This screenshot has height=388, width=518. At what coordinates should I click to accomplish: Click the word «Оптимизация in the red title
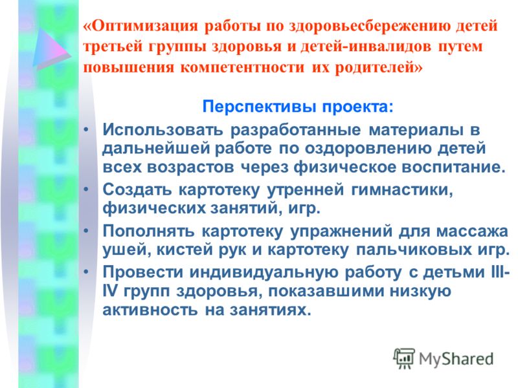[141, 25]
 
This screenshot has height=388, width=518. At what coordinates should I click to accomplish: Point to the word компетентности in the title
[242, 67]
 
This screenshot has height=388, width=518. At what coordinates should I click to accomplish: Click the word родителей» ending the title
[379, 67]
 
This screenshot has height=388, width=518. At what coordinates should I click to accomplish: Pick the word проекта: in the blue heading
[358, 107]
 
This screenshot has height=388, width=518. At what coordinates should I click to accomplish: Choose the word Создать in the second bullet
[137, 189]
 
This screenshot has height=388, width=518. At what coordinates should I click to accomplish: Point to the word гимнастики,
[401, 190]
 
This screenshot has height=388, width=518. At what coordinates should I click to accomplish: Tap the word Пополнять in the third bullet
[148, 231]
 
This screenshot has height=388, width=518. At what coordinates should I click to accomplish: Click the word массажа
[472, 232]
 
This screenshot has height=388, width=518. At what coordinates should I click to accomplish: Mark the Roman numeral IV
[109, 291]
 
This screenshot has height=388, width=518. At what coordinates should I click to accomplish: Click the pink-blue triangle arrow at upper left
[51, 48]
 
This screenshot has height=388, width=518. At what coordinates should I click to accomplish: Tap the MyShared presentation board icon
[403, 358]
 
